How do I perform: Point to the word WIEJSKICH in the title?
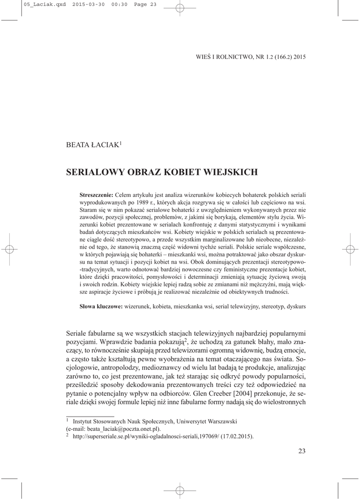tap(230, 172)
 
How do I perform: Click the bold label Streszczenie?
tap(96, 195)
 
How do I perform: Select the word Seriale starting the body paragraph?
tap(76, 333)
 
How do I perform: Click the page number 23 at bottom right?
tap(302, 451)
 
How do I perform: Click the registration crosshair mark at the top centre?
tap(180, 7)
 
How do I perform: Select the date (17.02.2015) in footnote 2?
tap(237, 436)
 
